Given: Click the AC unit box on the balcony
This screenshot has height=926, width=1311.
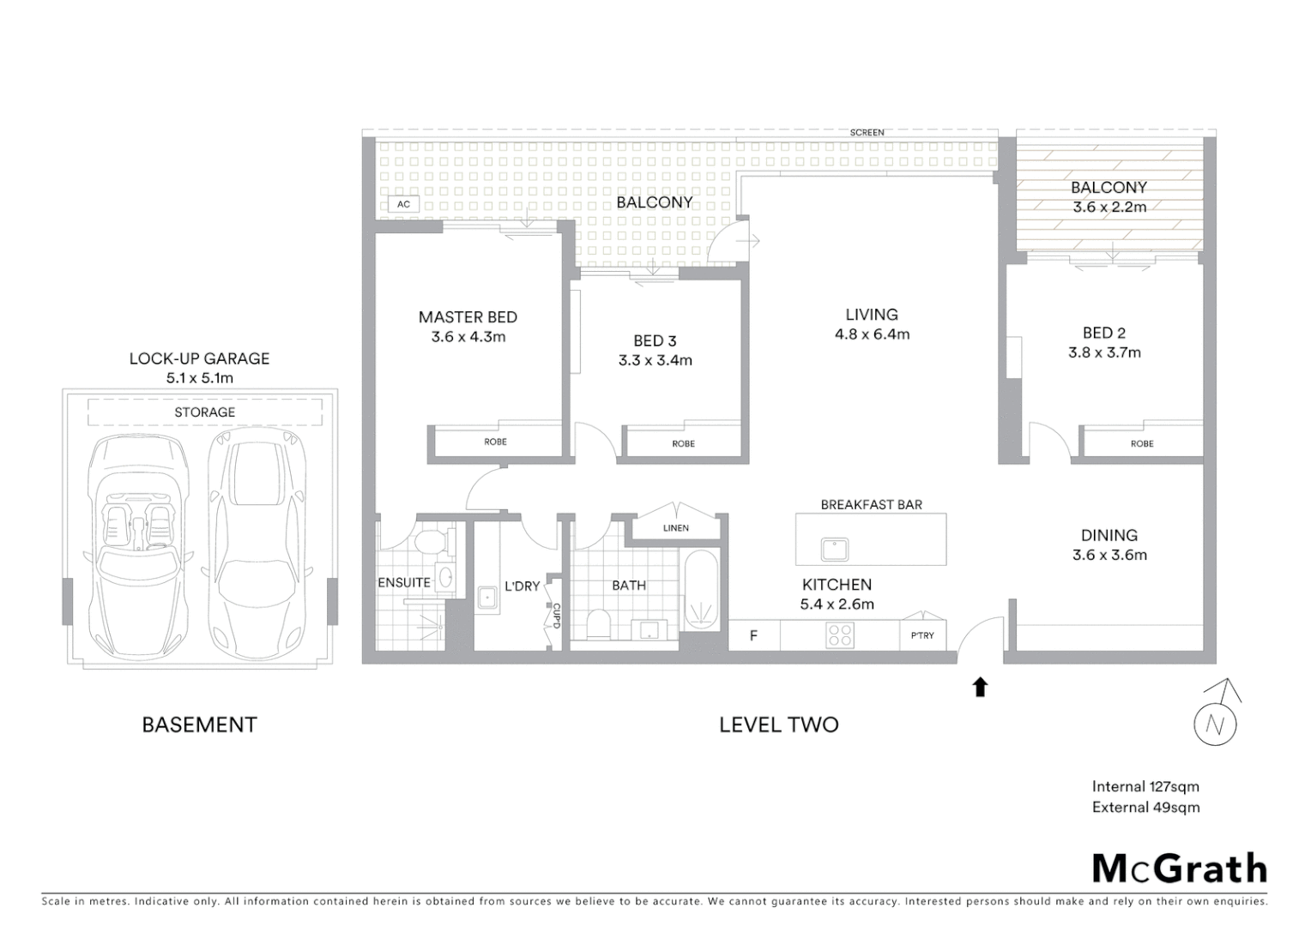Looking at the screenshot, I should click(x=403, y=204).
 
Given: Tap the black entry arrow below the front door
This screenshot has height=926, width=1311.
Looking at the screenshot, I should click(x=980, y=687).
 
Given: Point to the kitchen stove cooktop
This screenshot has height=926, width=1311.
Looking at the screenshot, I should click(x=839, y=635).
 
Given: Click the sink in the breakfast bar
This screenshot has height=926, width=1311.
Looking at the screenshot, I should click(x=833, y=549).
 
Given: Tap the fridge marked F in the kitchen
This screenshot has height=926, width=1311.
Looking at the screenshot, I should click(x=753, y=635).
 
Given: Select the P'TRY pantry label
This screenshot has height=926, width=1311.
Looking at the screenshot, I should click(x=922, y=635).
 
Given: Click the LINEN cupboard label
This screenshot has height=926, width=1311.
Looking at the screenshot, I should click(x=675, y=528).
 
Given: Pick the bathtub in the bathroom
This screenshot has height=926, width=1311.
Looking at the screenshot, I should click(x=702, y=592).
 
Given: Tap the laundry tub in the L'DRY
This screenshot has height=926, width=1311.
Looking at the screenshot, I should click(x=488, y=598).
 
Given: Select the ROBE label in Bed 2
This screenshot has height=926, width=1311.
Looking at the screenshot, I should click(x=1141, y=443).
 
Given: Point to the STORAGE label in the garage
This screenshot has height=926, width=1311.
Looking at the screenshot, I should click(x=204, y=412).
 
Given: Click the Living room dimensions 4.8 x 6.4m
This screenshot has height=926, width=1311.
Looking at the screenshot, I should click(x=872, y=334).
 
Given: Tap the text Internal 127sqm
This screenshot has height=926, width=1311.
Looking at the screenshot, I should click(x=1145, y=786).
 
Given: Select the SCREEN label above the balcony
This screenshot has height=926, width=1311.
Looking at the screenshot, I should click(x=867, y=133).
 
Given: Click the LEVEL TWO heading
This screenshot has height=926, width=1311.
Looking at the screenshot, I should click(x=778, y=725).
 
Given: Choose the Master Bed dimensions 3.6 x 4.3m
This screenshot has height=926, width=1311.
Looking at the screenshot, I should click(x=468, y=337).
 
